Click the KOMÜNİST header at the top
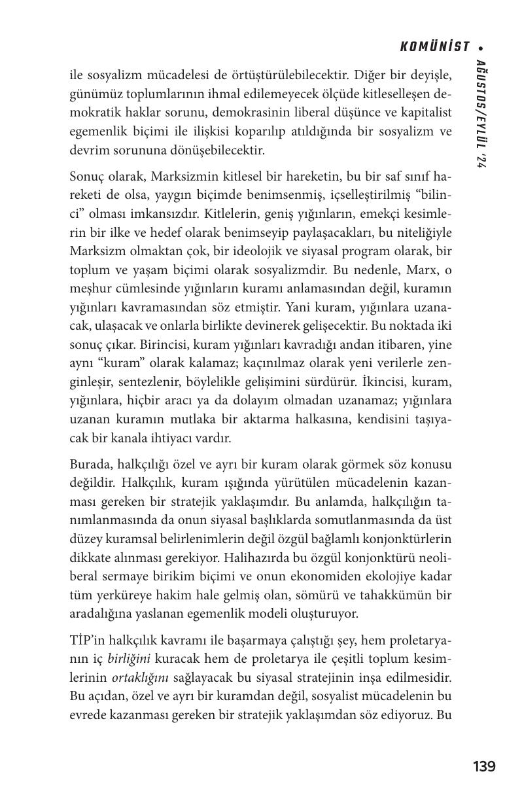435,46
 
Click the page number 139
484,766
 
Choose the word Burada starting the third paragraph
90,465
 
